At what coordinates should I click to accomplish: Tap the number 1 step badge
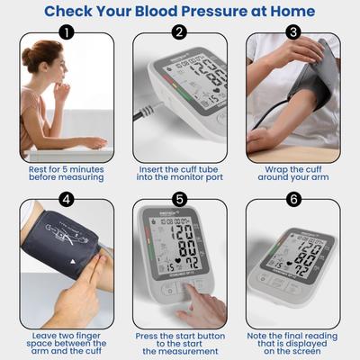67,32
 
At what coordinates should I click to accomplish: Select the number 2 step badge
179,32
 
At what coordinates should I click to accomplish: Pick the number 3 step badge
292,32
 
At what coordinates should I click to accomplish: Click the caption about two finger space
67,343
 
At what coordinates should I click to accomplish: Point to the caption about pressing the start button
179,343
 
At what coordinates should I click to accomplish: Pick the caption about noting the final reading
292,343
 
